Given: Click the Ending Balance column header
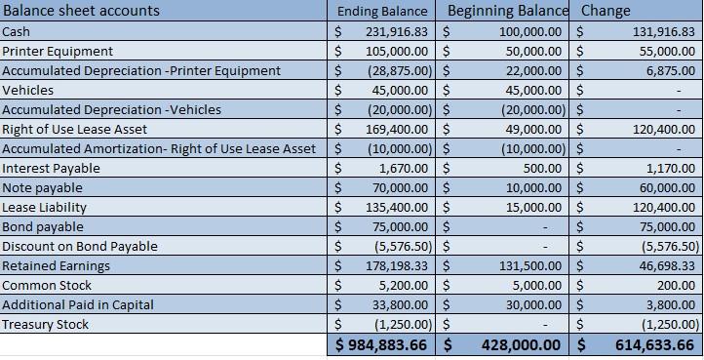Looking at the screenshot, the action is tap(382, 12).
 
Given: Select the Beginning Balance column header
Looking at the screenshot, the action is tap(507, 12).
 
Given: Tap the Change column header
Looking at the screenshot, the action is tap(606, 12).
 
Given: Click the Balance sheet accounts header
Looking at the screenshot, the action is tap(81, 12).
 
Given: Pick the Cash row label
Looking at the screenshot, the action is tap(16, 31).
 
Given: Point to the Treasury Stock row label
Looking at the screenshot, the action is tap(45, 324).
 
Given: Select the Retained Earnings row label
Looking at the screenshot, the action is tap(56, 265).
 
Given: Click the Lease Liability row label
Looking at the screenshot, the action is tap(44, 207).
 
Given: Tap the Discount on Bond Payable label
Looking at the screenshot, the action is tap(80, 246).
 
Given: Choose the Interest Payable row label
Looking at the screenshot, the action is tap(51, 168).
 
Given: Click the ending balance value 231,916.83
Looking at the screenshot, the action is tap(396, 31).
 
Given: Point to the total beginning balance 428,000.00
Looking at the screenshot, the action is tap(518, 345).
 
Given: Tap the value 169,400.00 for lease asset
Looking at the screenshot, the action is tap(396, 129).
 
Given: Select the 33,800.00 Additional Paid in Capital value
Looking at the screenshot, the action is tap(400, 304).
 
